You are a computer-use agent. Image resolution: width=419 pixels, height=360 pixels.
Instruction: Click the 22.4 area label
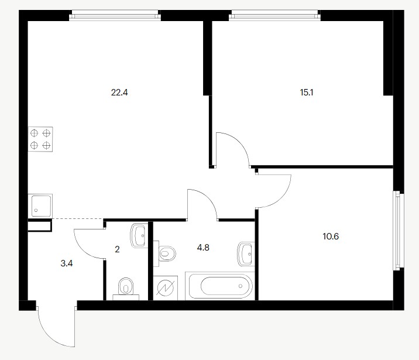(x=119, y=92)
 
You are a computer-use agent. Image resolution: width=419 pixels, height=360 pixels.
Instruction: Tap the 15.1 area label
(x=307, y=92)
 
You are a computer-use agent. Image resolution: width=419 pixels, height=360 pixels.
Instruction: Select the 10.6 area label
(x=331, y=236)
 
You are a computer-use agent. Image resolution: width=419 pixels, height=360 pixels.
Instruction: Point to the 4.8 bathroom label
(x=203, y=248)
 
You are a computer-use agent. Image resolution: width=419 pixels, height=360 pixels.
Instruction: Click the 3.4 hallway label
(x=67, y=263)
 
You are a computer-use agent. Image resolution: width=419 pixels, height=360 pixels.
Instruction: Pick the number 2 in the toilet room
(x=117, y=249)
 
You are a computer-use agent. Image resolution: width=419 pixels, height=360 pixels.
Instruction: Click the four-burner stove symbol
(x=40, y=139)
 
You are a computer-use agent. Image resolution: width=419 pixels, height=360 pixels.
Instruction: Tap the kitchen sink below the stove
(x=40, y=205)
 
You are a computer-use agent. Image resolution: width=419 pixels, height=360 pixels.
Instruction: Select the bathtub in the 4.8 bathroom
(x=220, y=286)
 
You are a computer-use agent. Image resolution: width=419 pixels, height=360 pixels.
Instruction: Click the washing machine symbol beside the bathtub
(x=166, y=288)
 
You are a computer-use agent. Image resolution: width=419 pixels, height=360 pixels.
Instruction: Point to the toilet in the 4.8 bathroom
(x=164, y=253)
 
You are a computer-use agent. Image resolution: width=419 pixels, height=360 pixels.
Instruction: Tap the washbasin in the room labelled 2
(x=139, y=236)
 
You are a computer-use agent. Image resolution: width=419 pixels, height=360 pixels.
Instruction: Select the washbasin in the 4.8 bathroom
(x=246, y=254)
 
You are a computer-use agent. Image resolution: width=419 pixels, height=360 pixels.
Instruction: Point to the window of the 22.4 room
(x=115, y=15)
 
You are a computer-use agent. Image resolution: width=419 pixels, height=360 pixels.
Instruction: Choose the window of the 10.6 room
(x=398, y=231)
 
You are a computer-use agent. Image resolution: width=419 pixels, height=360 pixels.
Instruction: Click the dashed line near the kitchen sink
(x=78, y=218)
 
